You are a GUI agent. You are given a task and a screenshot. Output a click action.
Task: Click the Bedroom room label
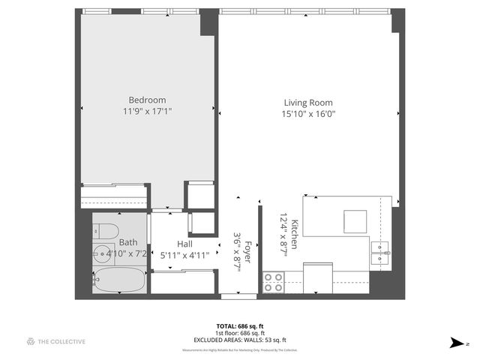[147, 100]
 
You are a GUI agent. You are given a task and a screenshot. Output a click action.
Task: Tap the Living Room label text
[307, 103]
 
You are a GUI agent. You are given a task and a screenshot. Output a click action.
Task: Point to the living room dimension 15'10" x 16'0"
[307, 114]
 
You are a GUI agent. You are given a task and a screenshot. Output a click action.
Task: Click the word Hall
[185, 244]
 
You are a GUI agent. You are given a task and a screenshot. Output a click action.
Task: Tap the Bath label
[128, 242]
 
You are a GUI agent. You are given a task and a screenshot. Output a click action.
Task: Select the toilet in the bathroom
[105, 230]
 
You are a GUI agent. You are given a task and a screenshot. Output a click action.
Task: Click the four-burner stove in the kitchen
[274, 281]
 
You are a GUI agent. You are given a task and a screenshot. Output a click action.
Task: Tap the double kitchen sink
[381, 253]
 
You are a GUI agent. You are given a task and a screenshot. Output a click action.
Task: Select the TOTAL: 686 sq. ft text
[240, 326]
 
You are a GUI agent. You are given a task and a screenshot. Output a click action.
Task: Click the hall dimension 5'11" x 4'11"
[184, 255]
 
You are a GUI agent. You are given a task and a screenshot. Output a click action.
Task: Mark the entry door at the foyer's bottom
[232, 297]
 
